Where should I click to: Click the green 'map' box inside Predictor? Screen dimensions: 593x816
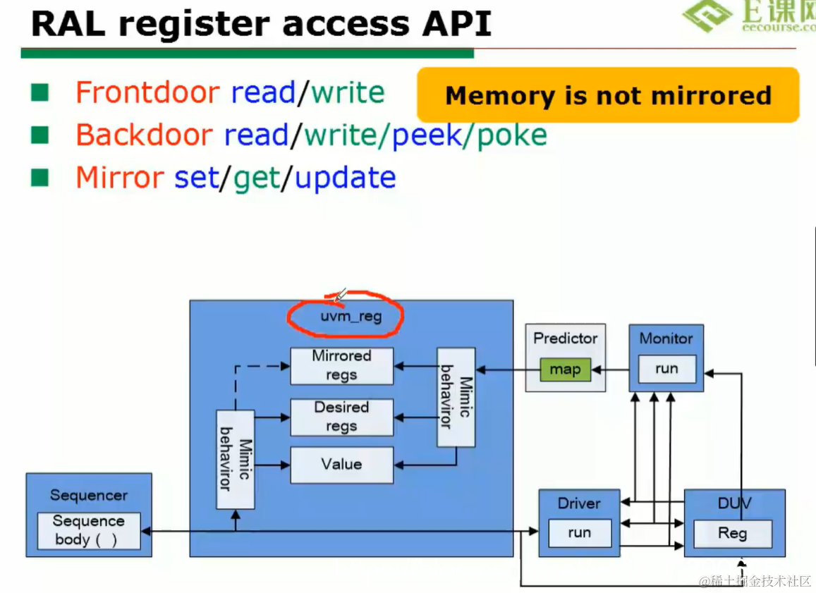click(564, 369)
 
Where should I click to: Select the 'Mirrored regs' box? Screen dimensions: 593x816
click(341, 365)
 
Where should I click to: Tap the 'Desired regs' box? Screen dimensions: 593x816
click(341, 417)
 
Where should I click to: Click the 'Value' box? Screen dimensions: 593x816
click(341, 465)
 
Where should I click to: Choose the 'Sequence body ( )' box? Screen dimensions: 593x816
click(89, 531)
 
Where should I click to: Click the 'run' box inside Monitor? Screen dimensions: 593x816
click(666, 369)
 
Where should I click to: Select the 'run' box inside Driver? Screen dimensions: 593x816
click(579, 533)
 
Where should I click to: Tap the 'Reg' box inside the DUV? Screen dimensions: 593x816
click(732, 534)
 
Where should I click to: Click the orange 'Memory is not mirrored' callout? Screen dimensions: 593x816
click(607, 95)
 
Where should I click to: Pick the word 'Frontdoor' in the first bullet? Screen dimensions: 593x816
click(147, 93)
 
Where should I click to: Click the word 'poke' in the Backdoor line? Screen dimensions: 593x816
click(512, 135)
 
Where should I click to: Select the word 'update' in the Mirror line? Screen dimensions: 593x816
click(345, 178)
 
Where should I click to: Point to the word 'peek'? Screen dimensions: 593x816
click(426, 135)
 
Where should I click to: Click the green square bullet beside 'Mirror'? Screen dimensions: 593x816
click(40, 177)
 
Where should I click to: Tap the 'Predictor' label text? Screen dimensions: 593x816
click(565, 338)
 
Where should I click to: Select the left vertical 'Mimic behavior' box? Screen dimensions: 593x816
click(235, 458)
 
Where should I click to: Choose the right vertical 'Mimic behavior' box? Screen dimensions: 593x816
click(456, 397)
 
